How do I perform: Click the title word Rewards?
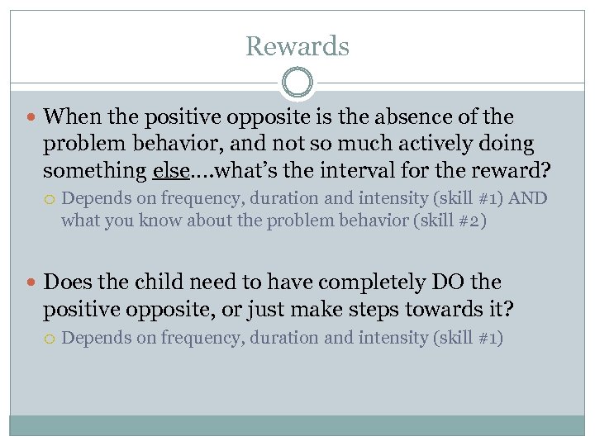[x=297, y=46]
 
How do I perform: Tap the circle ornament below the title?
[x=297, y=83]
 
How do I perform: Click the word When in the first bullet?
[x=70, y=117]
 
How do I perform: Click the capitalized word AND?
[x=530, y=198]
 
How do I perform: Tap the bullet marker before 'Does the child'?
[x=31, y=283]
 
